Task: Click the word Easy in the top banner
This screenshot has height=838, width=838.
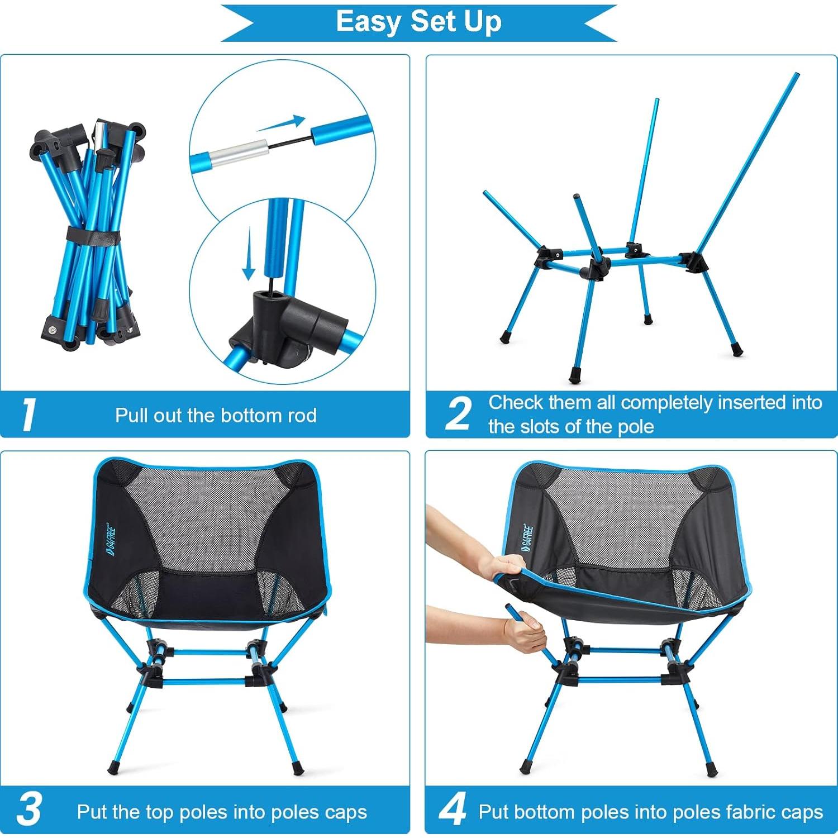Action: coord(369,22)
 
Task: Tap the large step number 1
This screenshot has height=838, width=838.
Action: coord(28,415)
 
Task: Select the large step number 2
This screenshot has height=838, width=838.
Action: coord(459,415)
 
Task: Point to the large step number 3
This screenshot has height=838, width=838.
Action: coord(29,810)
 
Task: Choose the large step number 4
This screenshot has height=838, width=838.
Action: coord(453,810)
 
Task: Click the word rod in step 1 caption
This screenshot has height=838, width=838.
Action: coord(302,416)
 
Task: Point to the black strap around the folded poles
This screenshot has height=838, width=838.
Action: coord(93,234)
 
